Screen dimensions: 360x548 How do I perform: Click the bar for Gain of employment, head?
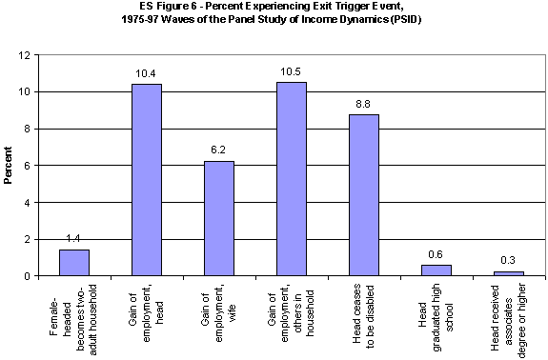click(x=146, y=180)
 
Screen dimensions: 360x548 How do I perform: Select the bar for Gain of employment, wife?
click(x=218, y=218)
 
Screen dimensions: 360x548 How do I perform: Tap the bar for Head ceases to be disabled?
click(x=363, y=195)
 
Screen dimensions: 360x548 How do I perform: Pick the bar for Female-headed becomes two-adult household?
click(x=73, y=263)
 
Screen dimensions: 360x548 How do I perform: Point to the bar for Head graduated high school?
click(x=436, y=270)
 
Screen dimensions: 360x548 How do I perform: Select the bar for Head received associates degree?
click(x=508, y=273)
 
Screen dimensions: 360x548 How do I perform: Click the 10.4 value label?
click(x=146, y=74)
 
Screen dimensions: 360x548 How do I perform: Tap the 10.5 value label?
click(x=291, y=72)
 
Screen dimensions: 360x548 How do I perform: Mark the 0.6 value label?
click(x=436, y=254)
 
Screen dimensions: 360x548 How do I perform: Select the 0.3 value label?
click(x=508, y=260)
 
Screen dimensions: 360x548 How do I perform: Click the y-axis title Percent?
click(x=9, y=166)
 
